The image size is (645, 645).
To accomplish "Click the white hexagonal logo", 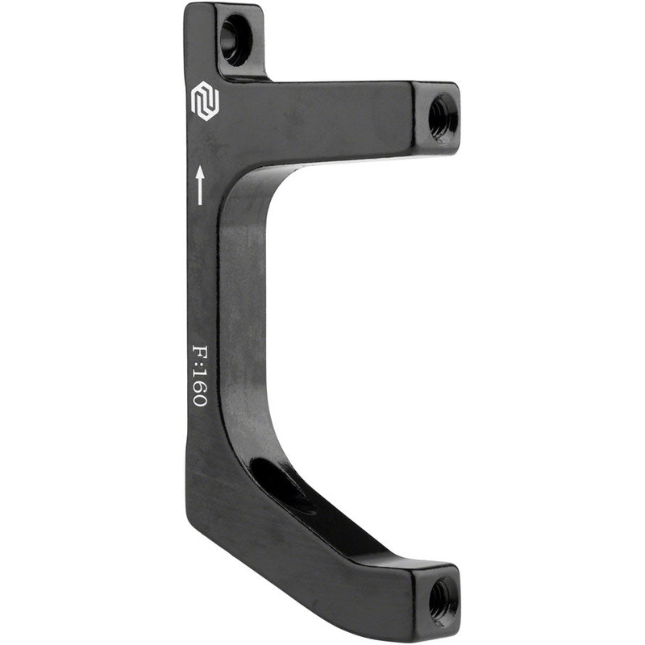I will (x=204, y=102).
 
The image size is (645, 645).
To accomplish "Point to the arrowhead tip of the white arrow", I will (x=199, y=167).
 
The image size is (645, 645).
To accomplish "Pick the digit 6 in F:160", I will (x=198, y=385).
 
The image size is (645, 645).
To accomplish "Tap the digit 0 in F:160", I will (x=198, y=398).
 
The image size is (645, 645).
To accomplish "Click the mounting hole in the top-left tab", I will (x=235, y=39).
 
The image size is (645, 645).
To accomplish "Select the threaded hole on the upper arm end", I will (x=441, y=118).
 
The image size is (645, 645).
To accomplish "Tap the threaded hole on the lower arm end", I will (x=441, y=597).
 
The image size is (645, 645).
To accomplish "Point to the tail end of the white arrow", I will (x=199, y=202).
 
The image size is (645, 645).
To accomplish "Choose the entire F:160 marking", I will (x=198, y=376).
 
